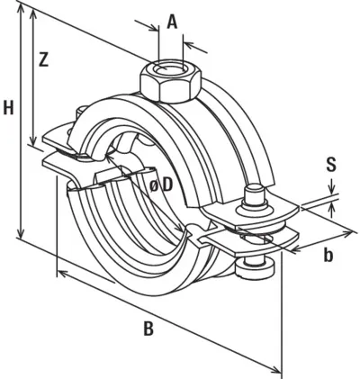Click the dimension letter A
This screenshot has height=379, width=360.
172,23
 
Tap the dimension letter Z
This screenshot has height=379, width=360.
44,59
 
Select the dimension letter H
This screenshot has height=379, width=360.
8,108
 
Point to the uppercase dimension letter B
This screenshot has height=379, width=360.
148,329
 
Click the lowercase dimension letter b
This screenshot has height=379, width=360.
328,255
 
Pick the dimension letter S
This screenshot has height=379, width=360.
331,165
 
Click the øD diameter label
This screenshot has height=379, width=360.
162,186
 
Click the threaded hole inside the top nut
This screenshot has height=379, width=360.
170,69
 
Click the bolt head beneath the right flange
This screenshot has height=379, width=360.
255,266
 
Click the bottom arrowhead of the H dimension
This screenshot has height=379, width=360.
21,232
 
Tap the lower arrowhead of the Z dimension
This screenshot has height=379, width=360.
33,140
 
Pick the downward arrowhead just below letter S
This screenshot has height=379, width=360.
331,188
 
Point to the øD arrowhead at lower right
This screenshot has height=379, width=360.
181,227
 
